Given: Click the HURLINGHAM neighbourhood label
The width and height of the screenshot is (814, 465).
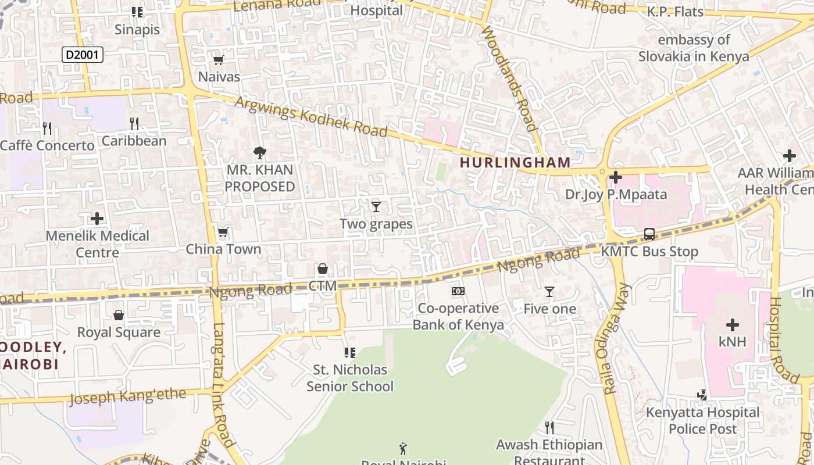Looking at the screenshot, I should (x=515, y=162).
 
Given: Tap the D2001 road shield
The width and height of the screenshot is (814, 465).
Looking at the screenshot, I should (x=83, y=55).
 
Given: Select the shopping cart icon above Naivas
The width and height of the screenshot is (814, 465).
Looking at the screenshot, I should (x=219, y=60).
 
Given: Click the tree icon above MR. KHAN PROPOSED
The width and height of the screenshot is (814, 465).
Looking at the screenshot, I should (x=260, y=153).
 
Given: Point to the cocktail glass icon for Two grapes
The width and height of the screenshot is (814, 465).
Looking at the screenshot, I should (x=376, y=206).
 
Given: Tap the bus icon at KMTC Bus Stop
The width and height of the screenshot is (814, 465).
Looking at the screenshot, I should (x=649, y=234).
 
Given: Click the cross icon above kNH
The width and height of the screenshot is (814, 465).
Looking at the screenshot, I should (x=732, y=324).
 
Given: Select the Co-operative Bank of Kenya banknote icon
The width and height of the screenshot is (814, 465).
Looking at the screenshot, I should (x=458, y=291).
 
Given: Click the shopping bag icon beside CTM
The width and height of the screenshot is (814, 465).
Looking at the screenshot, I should (x=323, y=269).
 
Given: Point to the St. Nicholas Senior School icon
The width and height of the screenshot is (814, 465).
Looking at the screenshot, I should (x=349, y=352).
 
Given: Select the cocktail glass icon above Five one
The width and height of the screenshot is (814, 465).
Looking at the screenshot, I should (x=549, y=292).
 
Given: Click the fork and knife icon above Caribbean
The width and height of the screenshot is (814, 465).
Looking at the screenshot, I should (x=134, y=123).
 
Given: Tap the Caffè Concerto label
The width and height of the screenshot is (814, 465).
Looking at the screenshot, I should (x=47, y=145).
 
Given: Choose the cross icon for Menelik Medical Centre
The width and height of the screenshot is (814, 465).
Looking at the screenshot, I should (x=97, y=219).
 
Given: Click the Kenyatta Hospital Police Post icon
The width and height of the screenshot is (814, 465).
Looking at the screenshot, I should (x=702, y=395).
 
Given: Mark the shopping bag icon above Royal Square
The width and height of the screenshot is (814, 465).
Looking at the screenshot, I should (x=119, y=315).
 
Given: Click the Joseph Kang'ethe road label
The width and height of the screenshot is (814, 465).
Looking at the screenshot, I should (x=128, y=398).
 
